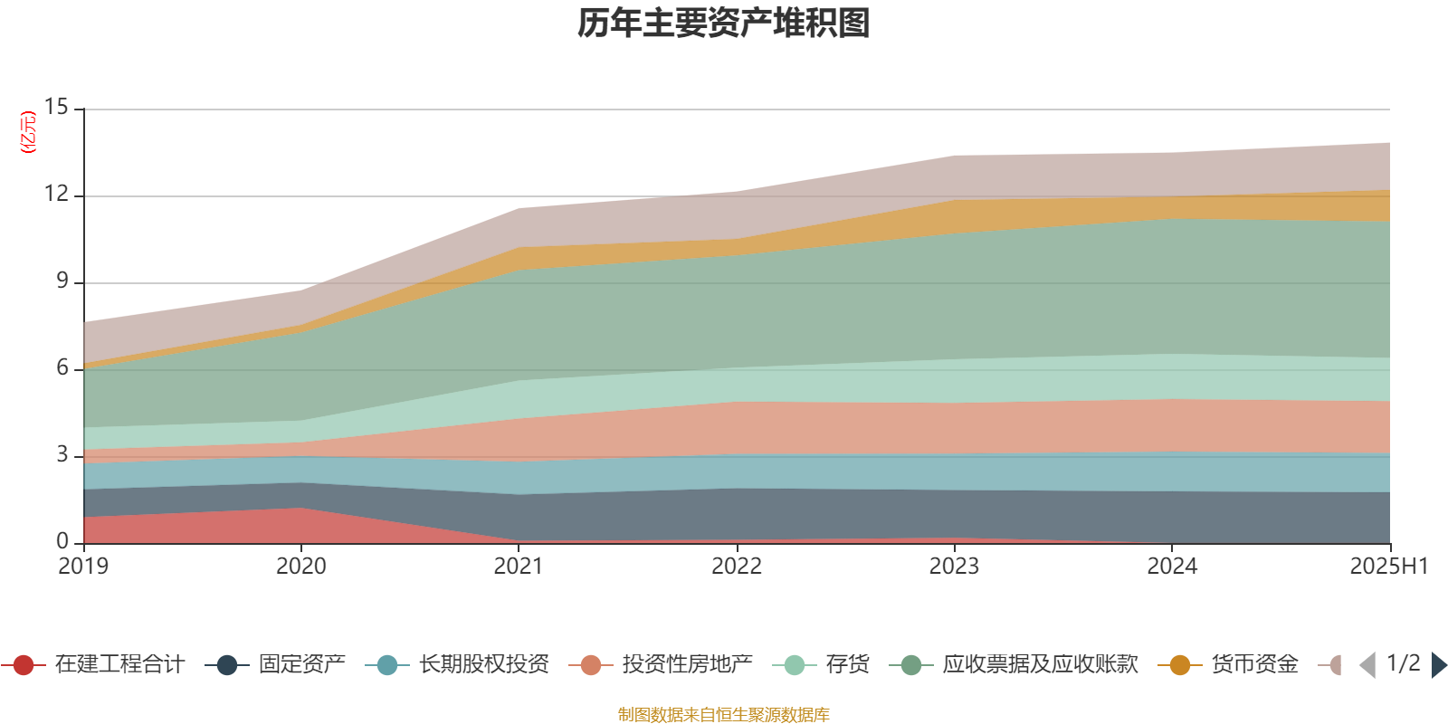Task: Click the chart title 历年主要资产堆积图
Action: click(x=724, y=24)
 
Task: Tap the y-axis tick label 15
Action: click(x=56, y=108)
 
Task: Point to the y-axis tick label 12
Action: click(x=56, y=195)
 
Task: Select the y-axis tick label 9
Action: click(x=62, y=281)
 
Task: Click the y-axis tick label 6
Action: click(x=62, y=368)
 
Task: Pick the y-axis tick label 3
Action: click(x=62, y=454)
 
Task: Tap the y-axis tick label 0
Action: click(x=62, y=541)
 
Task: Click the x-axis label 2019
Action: click(x=83, y=567)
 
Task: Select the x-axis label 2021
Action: click(x=519, y=567)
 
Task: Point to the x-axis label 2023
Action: click(x=954, y=567)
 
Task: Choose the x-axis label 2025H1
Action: click(x=1387, y=567)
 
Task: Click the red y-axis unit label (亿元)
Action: click(x=28, y=132)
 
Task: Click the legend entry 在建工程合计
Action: click(x=119, y=665)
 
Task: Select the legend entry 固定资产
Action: click(x=301, y=665)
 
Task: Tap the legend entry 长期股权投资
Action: click(x=483, y=665)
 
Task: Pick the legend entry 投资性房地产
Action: click(x=687, y=665)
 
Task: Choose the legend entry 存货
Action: click(x=847, y=665)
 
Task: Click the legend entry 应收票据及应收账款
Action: click(x=1040, y=665)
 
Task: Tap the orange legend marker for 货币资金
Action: click(x=1180, y=665)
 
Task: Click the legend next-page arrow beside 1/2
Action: click(x=1438, y=665)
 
